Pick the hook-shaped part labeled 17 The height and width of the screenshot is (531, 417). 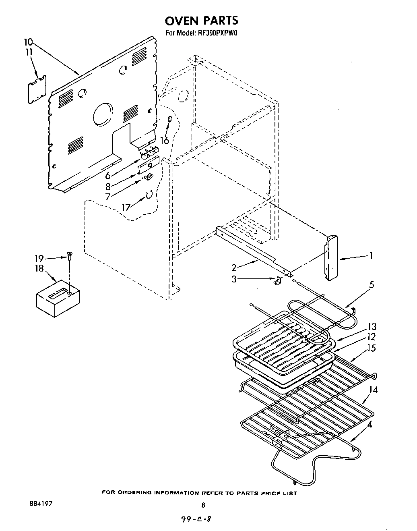tap(149, 195)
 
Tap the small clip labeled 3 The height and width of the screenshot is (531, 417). tap(277, 281)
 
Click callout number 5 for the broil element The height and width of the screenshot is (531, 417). tap(371, 285)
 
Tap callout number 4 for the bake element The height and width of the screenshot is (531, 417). tap(370, 424)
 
